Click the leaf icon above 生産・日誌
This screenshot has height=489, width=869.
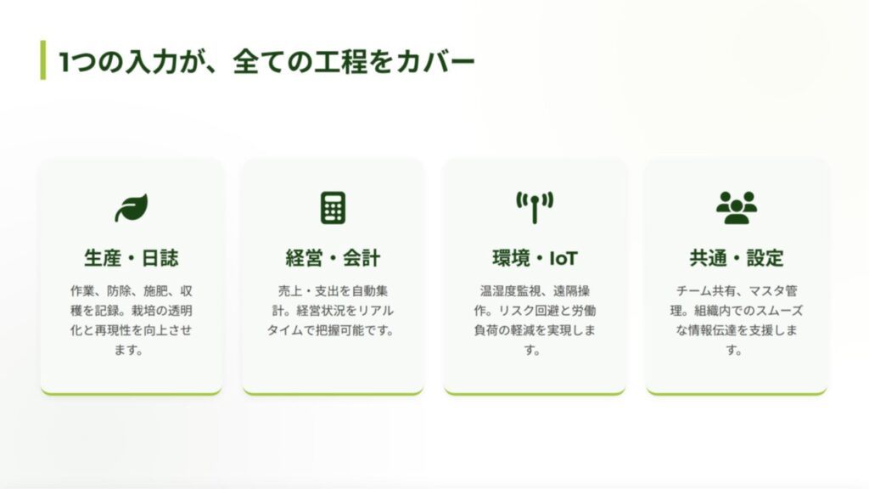[x=132, y=207]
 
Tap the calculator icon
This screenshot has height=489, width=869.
[x=333, y=207]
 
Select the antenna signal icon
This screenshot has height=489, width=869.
[x=535, y=207]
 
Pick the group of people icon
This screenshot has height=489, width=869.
[x=737, y=207]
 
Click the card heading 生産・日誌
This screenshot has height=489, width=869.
[x=132, y=258]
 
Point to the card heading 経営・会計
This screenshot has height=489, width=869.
[x=333, y=258]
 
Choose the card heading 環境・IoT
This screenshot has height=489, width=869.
[x=535, y=258]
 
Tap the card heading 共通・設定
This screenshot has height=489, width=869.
[x=737, y=258]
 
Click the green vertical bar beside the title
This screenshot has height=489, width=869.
[x=43, y=60]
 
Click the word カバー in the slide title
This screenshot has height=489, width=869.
[x=435, y=61]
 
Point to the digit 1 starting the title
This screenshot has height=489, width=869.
[x=64, y=61]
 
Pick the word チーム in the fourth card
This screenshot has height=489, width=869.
[x=694, y=291]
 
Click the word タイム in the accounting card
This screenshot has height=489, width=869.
[x=285, y=330]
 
